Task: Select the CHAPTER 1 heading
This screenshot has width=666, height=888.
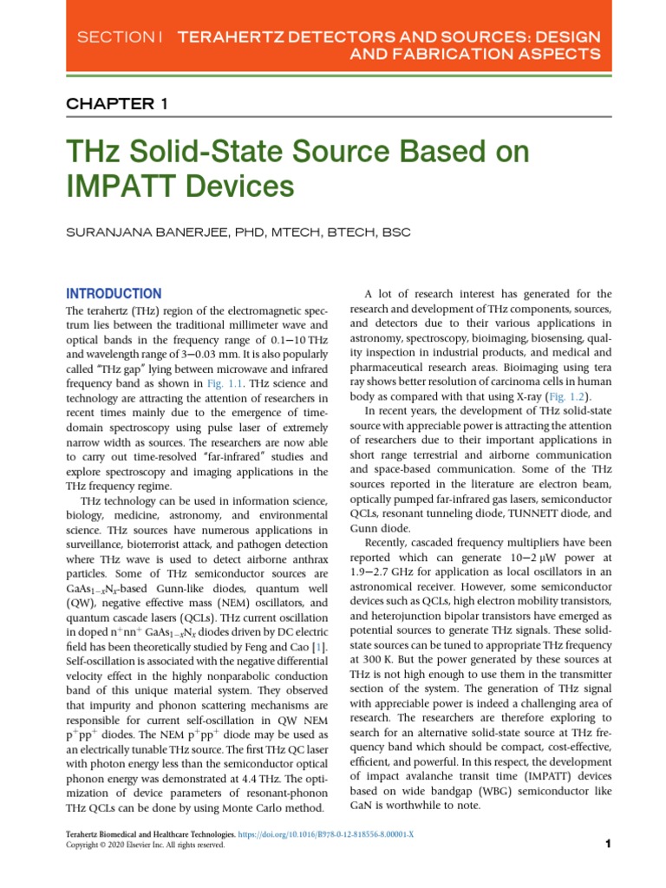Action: pos(117,104)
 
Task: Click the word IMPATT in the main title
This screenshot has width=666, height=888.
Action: pos(129,185)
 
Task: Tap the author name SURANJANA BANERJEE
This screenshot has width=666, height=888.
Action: pos(147,232)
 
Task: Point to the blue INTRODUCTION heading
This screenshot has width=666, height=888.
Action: pos(114,294)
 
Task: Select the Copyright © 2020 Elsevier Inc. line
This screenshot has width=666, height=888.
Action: pos(145,846)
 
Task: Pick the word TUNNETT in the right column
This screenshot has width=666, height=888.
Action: pos(538,513)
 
